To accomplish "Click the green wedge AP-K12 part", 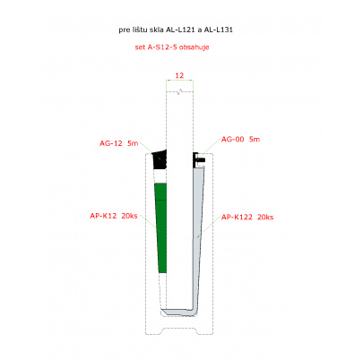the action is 161,228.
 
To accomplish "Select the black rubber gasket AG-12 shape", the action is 160,159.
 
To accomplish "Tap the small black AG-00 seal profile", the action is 198,160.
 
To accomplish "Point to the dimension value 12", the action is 179,75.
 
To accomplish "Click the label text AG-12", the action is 111,143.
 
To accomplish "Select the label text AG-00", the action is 232,139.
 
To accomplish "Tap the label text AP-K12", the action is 103,216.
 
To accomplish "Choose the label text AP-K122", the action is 237,217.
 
